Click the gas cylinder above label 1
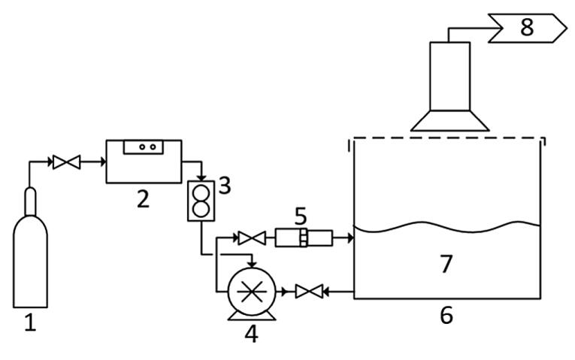(30, 256)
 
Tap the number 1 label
(30, 325)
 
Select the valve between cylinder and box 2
(66, 162)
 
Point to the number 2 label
(142, 198)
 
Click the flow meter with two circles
(201, 201)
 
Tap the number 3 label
(224, 185)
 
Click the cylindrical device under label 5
(303, 238)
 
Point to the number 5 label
(301, 216)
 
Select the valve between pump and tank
(308, 291)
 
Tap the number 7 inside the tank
(446, 264)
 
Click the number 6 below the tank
(446, 314)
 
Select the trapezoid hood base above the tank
(449, 120)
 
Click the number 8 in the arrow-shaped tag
(526, 28)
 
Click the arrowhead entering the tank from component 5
(349, 238)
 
